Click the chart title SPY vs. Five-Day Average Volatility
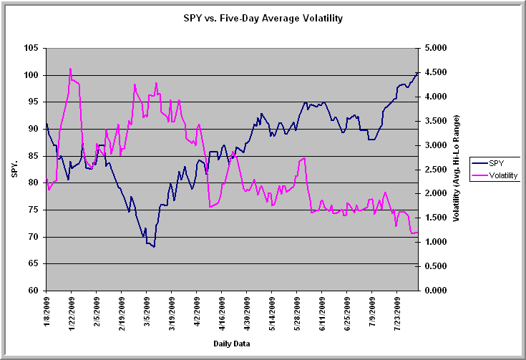pyautogui.click(x=262, y=17)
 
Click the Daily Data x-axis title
pyautogui.click(x=232, y=344)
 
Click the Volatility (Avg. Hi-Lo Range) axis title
pyautogui.click(x=456, y=169)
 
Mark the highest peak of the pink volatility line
pyautogui.click(x=70, y=69)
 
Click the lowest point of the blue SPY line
pyautogui.click(x=154, y=247)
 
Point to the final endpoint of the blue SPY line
pyautogui.click(x=417, y=72)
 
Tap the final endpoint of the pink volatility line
pyautogui.click(x=417, y=233)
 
